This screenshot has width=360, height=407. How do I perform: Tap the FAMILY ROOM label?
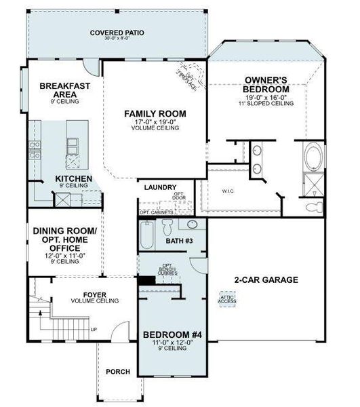point(155,113)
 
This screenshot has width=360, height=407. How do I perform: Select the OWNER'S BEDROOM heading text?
point(266,83)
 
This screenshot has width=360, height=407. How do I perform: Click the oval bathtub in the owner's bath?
point(315,158)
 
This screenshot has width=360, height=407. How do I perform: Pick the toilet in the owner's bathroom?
point(314,206)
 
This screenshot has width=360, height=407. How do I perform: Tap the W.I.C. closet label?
point(227,191)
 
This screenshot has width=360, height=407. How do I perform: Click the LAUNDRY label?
point(161,187)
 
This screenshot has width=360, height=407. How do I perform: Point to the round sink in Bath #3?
point(192,225)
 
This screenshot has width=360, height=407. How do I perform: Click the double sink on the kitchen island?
point(71,143)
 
